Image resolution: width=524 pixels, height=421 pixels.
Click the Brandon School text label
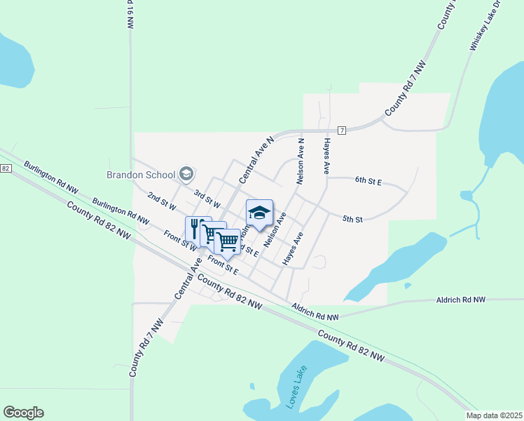(140, 174)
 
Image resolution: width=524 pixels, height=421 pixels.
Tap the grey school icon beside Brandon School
(186, 173)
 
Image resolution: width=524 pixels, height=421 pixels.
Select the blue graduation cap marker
(259, 212)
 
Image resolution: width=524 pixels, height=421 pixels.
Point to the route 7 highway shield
(341, 131)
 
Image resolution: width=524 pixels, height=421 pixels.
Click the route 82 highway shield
(5, 168)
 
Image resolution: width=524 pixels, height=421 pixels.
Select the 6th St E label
(368, 181)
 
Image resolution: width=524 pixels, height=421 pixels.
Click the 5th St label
(352, 220)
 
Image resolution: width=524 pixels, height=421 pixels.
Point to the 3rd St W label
(207, 199)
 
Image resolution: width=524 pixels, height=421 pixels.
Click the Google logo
(23, 413)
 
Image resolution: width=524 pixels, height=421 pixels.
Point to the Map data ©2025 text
(494, 415)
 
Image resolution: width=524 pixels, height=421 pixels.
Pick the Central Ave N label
(255, 159)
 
